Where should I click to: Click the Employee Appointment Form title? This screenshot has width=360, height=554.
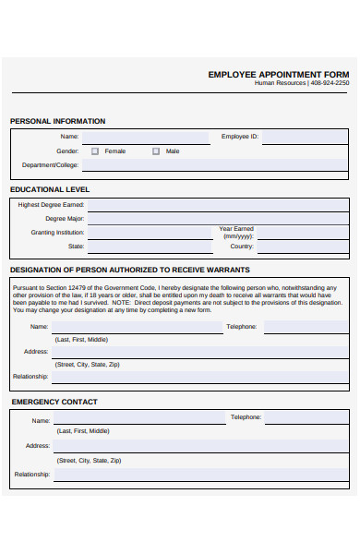[279, 74]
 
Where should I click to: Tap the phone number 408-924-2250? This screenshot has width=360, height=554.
[330, 83]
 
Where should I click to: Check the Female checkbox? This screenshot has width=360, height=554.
[95, 151]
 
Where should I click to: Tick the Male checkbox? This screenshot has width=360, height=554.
[156, 151]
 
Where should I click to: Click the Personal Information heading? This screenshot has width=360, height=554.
[57, 121]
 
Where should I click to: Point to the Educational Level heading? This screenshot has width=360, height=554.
[50, 189]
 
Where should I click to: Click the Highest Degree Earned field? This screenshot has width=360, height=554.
[218, 205]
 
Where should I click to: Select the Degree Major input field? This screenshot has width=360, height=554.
[218, 219]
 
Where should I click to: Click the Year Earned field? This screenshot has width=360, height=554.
[304, 233]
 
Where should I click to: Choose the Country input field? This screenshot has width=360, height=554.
[304, 247]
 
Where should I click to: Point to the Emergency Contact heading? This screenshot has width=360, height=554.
[54, 402]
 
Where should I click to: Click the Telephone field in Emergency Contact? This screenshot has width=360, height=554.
[307, 417]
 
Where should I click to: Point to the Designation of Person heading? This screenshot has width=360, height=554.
[129, 270]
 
